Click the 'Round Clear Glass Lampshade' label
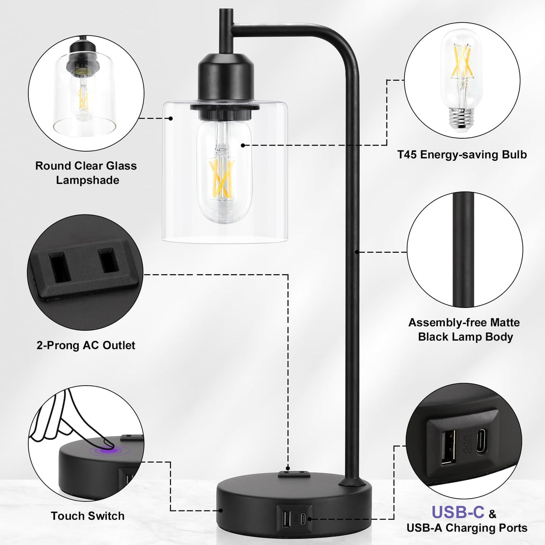(86, 173)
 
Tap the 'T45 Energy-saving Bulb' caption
(462, 155)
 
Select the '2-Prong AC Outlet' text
(86, 345)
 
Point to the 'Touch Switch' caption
(88, 516)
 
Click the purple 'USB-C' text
(458, 512)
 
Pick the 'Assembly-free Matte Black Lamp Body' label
(465, 330)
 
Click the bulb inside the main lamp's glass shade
(224, 173)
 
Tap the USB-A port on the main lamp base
(287, 519)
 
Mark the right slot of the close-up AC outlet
(108, 260)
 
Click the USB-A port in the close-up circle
(448, 447)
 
